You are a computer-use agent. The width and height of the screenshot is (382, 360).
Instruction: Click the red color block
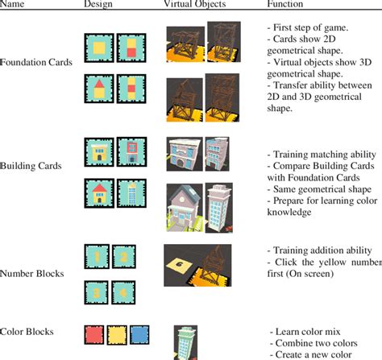93,333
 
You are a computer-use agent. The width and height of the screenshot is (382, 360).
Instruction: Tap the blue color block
140,333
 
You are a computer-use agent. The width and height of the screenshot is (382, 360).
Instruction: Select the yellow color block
117,333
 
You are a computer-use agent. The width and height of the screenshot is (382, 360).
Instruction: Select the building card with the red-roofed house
100,192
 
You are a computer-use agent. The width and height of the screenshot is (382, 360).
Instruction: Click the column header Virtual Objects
193,5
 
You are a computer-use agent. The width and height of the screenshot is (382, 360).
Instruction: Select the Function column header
284,5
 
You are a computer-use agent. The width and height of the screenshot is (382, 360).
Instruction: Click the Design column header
98,5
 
